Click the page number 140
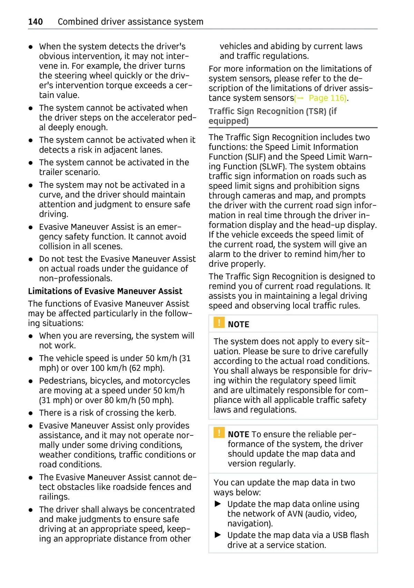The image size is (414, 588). [36, 22]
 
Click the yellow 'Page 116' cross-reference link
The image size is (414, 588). [327, 98]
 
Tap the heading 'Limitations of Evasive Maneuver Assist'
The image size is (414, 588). [105, 291]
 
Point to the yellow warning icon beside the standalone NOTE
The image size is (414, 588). [219, 323]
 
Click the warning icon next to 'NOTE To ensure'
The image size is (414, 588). [219, 433]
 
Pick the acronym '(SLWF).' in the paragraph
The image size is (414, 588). [273, 166]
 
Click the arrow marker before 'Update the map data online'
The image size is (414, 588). [218, 504]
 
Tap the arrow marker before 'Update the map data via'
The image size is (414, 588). [218, 535]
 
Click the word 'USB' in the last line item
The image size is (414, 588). [340, 535]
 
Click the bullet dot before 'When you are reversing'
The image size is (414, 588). [31, 336]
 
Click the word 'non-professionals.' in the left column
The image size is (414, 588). [76, 279]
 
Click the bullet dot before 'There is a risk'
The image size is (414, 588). [31, 413]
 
